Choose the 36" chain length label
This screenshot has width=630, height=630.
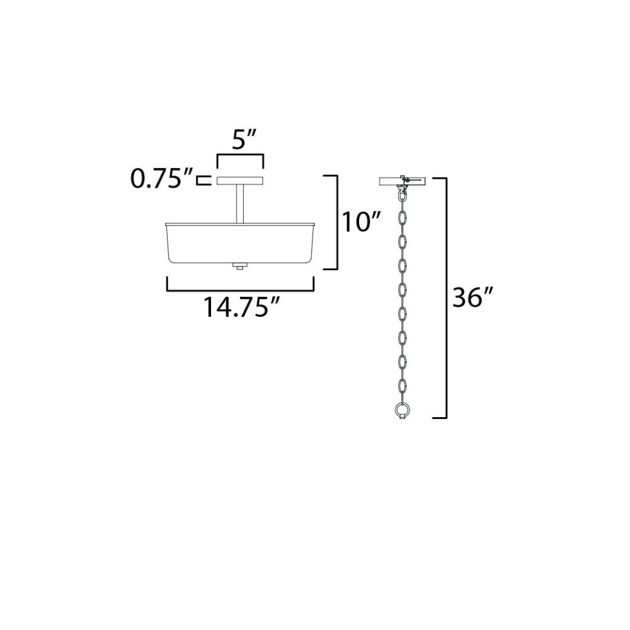(472, 297)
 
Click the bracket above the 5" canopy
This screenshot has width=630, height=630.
(240, 155)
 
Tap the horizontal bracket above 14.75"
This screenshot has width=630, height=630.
(240, 290)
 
